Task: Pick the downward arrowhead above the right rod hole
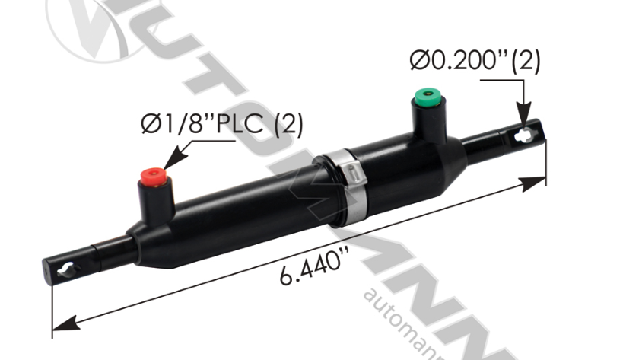coord(524,115)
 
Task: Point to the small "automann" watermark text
coord(411,320)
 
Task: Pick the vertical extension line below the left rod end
coord(52,304)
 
